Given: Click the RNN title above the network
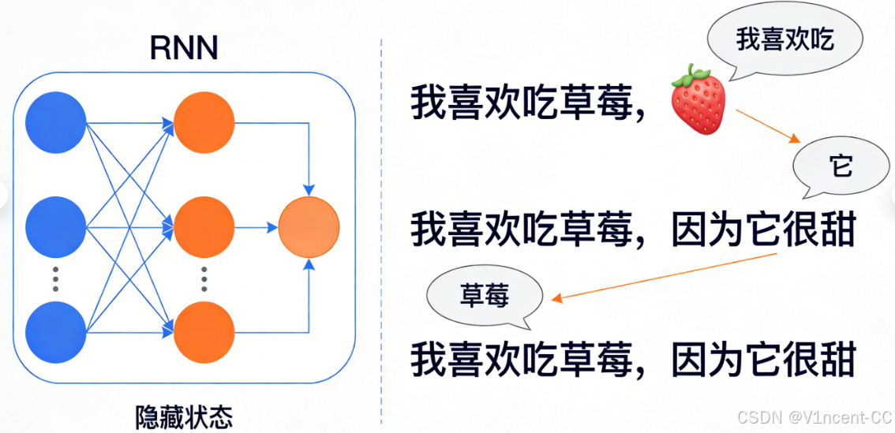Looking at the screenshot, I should coord(184,49).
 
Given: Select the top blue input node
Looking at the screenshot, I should coord(55,124).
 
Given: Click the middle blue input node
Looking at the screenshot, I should coord(55,227).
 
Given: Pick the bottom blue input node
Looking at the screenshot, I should coord(55,331).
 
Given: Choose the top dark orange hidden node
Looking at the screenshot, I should coord(204,124).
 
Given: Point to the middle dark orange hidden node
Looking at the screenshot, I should coord(204,227).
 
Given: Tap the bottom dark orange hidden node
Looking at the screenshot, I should coord(204,331).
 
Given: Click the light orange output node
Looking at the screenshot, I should coord(309,227).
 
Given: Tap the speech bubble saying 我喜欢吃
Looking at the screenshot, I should coord(784,41).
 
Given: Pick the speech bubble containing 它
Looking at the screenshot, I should coord(841,167).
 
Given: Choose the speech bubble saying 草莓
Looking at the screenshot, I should coord(485,296).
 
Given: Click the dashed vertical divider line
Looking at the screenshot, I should coord(381,237).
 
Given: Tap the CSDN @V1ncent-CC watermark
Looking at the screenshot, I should coord(814,416).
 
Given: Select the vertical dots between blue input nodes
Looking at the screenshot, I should coord(55,279).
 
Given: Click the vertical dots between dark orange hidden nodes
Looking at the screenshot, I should coord(204,279).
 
